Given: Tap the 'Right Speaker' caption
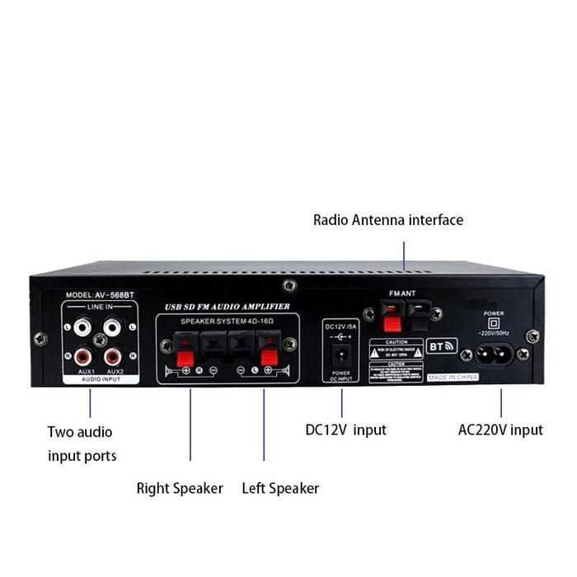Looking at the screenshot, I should tap(180, 488).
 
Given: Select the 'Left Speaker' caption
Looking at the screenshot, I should tap(280, 488).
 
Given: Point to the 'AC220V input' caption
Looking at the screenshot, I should tap(500, 429).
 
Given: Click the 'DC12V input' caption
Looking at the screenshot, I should tap(345, 429).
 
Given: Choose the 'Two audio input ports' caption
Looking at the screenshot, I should tap(82, 443).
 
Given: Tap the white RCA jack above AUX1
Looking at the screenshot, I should tap(82, 327).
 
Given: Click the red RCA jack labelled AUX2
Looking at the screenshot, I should tap(114, 357).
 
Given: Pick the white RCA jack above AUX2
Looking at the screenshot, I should tap(114, 327).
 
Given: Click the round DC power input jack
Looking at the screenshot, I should tap(340, 356).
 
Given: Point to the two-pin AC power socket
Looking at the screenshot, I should tap(493, 354).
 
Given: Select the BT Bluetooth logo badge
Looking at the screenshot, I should tap(442, 346).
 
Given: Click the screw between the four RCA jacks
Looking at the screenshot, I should tap(100, 340).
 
